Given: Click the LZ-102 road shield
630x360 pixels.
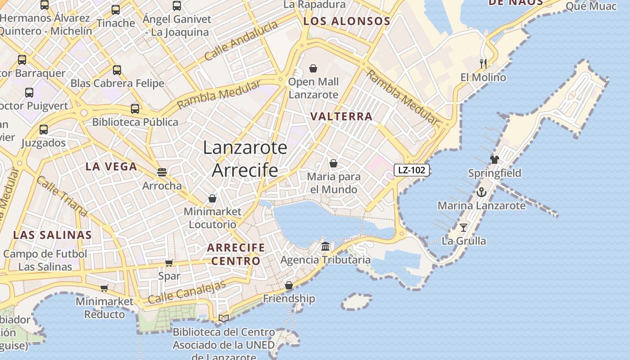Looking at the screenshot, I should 412,170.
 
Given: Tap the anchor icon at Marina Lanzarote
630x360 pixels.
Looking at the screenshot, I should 481,192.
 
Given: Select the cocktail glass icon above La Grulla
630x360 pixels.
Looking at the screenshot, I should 463,227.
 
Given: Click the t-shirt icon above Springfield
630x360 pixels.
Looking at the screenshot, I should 495,159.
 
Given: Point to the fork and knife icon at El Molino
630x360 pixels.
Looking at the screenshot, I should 483,63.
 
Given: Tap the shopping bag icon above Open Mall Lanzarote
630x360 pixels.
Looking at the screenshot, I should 313,68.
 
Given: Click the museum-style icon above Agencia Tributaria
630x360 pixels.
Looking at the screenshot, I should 325,247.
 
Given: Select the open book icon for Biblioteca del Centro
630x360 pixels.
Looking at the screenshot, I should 224,319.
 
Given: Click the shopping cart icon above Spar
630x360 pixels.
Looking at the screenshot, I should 169,263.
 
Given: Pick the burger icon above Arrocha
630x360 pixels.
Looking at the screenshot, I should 162,172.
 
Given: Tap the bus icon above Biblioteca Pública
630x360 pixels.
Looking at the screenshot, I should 135,108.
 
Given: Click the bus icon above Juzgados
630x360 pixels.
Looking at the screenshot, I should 44,130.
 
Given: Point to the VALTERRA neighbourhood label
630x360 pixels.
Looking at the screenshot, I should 342,117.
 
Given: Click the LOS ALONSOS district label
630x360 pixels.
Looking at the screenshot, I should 346,21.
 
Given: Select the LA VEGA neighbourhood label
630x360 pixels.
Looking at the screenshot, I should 111,166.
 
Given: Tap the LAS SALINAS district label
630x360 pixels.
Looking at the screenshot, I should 52,235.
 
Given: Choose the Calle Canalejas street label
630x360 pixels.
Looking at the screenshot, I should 187,292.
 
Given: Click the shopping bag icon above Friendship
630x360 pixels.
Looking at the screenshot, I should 289,285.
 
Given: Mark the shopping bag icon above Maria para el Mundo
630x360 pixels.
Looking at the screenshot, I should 333,163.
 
